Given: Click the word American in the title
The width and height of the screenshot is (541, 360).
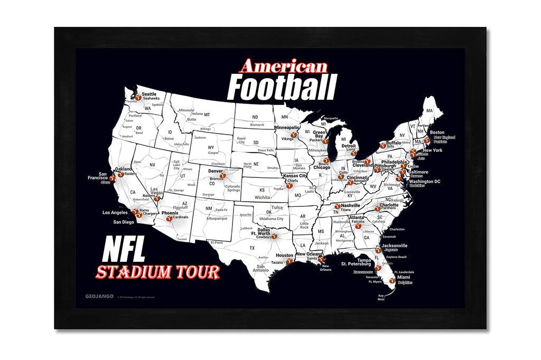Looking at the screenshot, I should pos(283,67).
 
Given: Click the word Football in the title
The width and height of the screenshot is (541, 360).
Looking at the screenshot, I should pos(281,88).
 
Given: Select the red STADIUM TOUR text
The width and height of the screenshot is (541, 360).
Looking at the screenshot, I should pos(157,272).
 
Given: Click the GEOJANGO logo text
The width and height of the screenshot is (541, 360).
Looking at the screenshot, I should pos(100,296).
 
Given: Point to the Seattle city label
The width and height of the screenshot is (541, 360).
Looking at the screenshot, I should pos(149,94).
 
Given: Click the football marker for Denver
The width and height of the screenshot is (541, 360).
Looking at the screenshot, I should pos(222,176).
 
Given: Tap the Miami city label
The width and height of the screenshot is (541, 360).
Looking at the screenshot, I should pos(403,277).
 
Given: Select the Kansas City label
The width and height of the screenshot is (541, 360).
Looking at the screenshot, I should pos(295,175).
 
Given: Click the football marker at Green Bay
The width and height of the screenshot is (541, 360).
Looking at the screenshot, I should pos(325,141).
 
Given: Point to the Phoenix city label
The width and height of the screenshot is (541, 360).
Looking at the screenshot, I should pos(170,212).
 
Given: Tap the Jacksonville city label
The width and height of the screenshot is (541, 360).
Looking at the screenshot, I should pos(394,245).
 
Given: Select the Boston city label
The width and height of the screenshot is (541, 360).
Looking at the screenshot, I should pos(437,132).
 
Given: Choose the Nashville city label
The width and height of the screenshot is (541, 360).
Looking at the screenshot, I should pos(350,205).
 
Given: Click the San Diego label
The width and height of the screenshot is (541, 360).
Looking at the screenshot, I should pos(124,222).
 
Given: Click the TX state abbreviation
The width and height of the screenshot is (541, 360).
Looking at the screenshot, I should pos(252,248).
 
